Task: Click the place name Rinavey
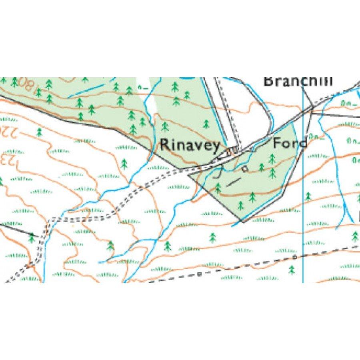pos(190,145)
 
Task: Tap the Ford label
pos(290,143)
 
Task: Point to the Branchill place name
pos(298,81)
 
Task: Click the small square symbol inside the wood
pos(244,169)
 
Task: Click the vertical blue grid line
pos(303,200)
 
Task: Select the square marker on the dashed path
pos(199,274)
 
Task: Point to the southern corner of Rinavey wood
pos(242,220)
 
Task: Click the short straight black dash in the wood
pos(234,182)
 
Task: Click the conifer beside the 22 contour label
pos(39,132)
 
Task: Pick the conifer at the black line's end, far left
pos(31,238)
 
